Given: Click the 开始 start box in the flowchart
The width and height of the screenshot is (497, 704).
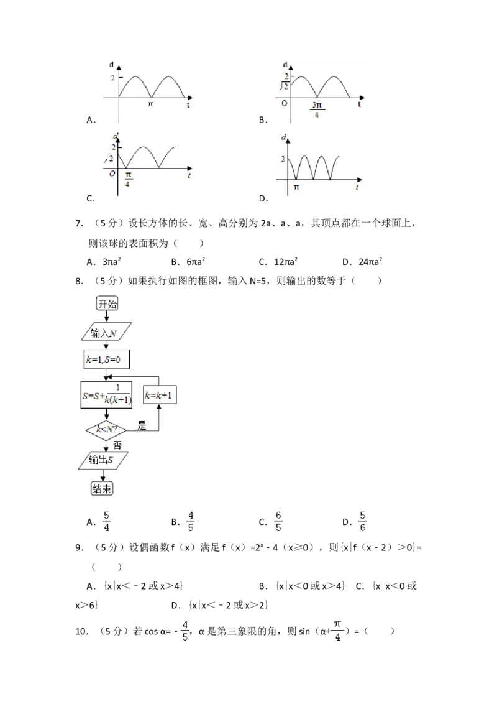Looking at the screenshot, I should pyautogui.click(x=107, y=303).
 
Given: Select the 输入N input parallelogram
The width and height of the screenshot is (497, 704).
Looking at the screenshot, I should pyautogui.click(x=105, y=334).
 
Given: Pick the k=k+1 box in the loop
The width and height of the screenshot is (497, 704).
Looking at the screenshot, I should pyautogui.click(x=160, y=395).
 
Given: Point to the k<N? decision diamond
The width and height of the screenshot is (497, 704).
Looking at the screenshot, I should pyautogui.click(x=106, y=428).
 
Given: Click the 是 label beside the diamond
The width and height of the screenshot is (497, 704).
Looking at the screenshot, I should pyautogui.click(x=142, y=427).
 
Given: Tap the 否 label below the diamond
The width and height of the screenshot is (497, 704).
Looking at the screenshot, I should pyautogui.click(x=117, y=445).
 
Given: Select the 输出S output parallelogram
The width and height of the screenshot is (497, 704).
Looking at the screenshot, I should pyautogui.click(x=105, y=460).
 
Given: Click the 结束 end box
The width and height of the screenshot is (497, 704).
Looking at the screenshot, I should pyautogui.click(x=103, y=488).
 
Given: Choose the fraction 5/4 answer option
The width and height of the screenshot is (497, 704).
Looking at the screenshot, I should pyautogui.click(x=107, y=522).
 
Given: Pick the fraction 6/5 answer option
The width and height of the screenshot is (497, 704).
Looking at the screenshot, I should pyautogui.click(x=279, y=522).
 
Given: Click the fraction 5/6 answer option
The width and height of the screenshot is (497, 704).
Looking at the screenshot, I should pyautogui.click(x=363, y=522).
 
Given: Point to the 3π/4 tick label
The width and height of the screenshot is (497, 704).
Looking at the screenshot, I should pyautogui.click(x=316, y=109).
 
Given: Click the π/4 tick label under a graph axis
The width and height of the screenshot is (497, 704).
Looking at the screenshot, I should pyautogui.click(x=127, y=179).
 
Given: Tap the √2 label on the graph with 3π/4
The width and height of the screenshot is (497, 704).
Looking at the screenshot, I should pyautogui.click(x=282, y=85).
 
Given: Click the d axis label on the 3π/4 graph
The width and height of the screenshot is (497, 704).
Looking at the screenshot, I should pyautogui.click(x=285, y=65).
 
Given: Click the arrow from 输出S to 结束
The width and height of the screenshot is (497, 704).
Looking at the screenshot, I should pyautogui.click(x=103, y=475).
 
